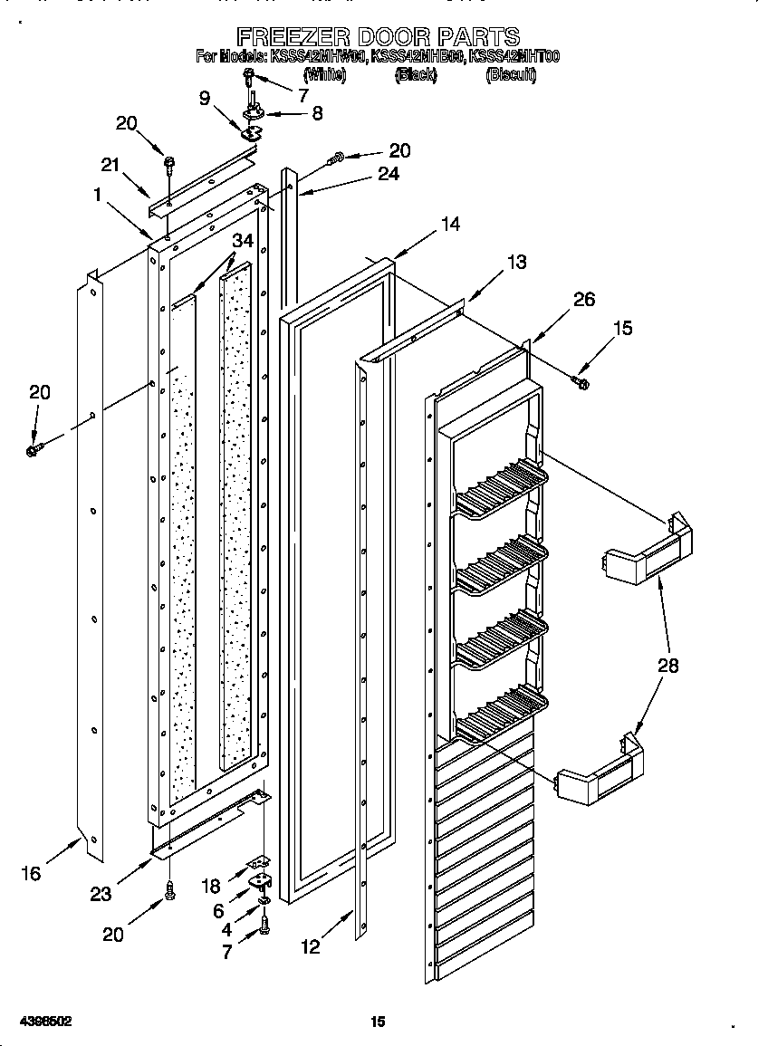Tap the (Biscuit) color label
click(x=511, y=75)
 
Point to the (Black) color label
click(x=416, y=75)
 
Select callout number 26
click(x=584, y=299)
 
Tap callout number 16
click(x=31, y=874)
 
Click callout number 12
click(x=311, y=947)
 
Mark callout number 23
click(x=101, y=894)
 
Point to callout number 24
click(x=388, y=174)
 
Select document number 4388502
click(x=37, y=1022)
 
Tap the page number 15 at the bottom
click(x=378, y=1022)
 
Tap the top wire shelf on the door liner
click(x=501, y=485)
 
